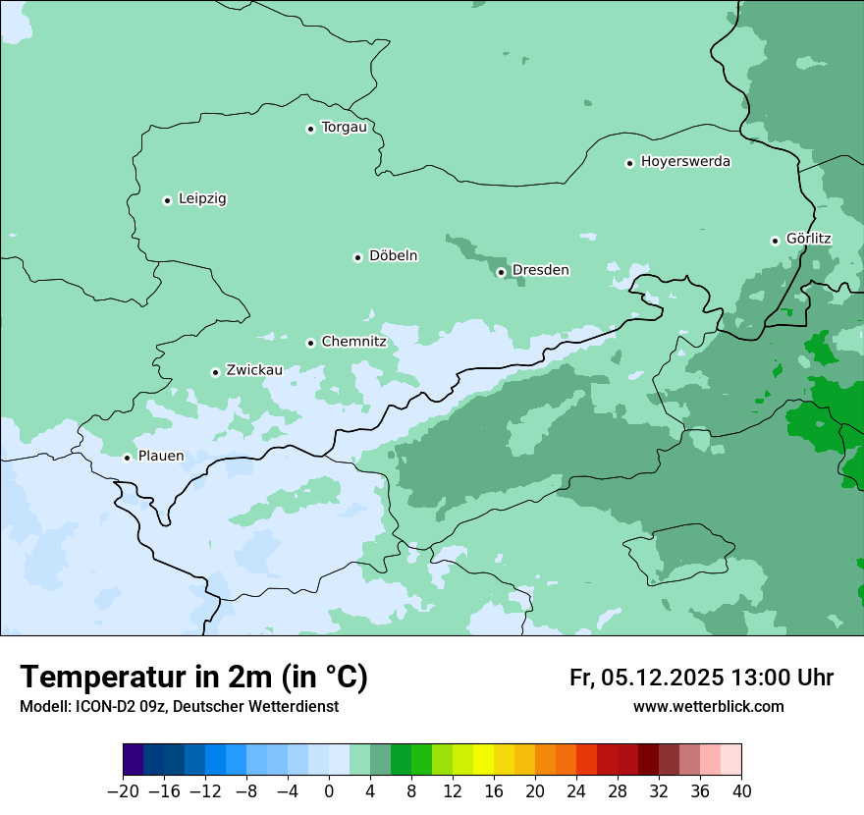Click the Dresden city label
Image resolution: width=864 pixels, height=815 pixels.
pos(540,270)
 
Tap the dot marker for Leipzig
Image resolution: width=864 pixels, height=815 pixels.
pos(167,200)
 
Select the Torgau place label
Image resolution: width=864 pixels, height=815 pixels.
pos(344,127)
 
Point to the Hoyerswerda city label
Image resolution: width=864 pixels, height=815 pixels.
pos(685,161)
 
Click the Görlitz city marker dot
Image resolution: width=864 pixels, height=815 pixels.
pos(775,241)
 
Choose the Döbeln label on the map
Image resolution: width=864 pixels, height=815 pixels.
pos(393,255)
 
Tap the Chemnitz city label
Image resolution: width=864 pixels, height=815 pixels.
pos(353,342)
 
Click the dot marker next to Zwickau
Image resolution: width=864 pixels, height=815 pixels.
pos(215,372)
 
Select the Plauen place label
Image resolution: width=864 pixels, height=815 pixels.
pos(161,456)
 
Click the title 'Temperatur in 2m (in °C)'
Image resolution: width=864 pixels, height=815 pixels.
pos(193,677)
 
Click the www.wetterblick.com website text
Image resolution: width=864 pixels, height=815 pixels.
pos(708,707)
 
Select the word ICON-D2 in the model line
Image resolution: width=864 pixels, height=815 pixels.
pos(101,707)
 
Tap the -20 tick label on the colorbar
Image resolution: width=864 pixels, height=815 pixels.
pos(123,791)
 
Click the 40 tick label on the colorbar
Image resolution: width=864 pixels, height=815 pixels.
pos(741,791)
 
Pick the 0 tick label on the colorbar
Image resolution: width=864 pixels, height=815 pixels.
pos(329,791)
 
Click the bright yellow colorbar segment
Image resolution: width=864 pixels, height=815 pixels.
pos(483,760)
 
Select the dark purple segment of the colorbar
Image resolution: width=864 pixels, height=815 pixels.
pos(133,760)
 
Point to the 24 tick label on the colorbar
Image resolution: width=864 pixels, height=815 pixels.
pos(576,791)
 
